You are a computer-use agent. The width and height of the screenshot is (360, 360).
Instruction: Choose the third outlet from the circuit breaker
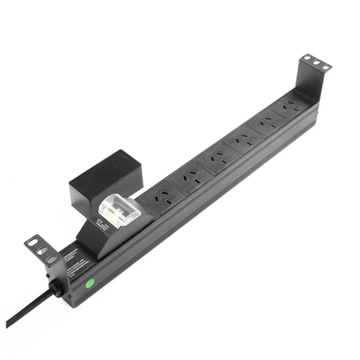point(217,157)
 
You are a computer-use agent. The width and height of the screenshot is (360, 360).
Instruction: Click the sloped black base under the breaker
point(97,241)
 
